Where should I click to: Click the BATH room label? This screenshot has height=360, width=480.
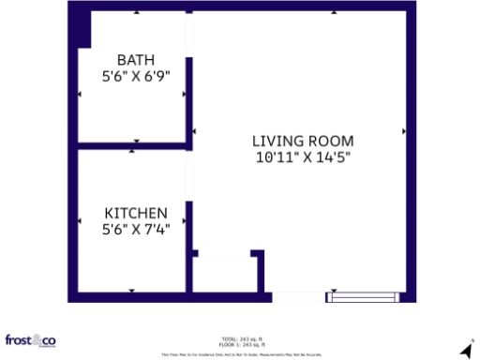pyautogui.click(x=135, y=58)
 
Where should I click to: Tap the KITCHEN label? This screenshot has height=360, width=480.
pyautogui.click(x=135, y=213)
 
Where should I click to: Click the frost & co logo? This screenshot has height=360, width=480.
pyautogui.click(x=30, y=340)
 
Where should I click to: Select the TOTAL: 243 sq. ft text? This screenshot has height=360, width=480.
pyautogui.click(x=242, y=338)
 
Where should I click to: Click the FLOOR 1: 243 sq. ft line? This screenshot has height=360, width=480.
pyautogui.click(x=242, y=344)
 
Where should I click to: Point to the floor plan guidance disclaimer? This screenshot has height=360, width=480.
pyautogui.click(x=242, y=354)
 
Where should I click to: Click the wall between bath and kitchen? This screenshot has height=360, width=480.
pyautogui.click(x=131, y=146)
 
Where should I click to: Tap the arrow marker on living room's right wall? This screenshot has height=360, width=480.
pyautogui.click(x=403, y=131)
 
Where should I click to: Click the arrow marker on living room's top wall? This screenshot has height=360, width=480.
pyautogui.click(x=332, y=13)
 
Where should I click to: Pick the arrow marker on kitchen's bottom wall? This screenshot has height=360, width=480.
pyautogui.click(x=132, y=292)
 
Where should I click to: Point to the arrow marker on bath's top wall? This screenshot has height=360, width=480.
pyautogui.click(x=137, y=13)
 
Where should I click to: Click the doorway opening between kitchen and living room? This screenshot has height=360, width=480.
pyautogui.click(x=189, y=176)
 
